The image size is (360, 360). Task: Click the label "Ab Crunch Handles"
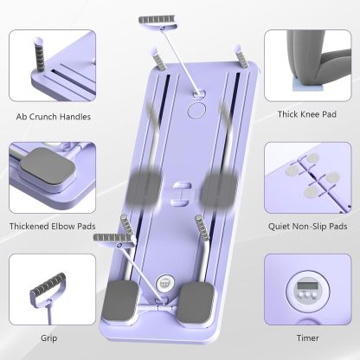(53, 116)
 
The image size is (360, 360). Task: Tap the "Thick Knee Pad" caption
(306, 113)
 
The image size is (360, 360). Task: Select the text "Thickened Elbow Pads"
(54, 226)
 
